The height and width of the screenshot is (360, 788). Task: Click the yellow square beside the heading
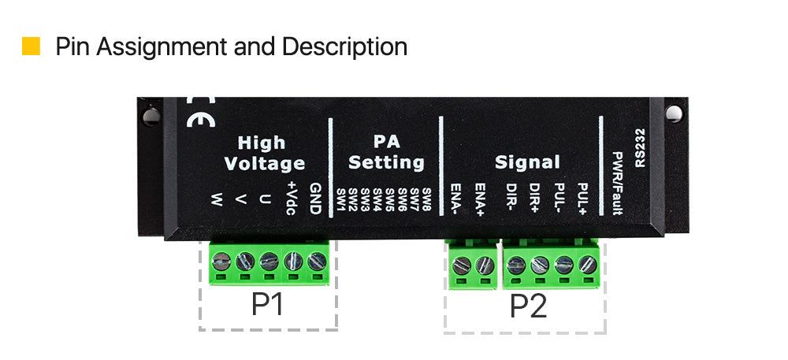31,46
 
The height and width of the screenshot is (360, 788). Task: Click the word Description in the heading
344,46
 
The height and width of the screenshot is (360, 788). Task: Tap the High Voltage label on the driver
264,153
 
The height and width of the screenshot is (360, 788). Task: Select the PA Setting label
386,152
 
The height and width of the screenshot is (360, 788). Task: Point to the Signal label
527,162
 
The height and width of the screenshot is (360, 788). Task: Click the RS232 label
640,147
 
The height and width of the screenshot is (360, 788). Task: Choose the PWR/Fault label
618,183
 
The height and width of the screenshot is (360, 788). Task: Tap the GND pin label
315,199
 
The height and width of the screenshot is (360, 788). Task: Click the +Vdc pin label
290,198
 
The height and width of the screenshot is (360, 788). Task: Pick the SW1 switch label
340,200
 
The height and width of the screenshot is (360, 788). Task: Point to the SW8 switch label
426,199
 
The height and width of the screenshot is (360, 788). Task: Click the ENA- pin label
455,199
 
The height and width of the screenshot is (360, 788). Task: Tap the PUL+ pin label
583,199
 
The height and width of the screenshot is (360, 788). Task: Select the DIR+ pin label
533,199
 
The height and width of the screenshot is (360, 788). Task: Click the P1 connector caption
267,304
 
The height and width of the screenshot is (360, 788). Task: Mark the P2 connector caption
528,306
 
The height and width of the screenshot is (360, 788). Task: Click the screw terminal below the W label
221,261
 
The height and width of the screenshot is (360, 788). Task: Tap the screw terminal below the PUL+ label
588,264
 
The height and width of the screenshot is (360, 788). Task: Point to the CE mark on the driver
200,111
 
